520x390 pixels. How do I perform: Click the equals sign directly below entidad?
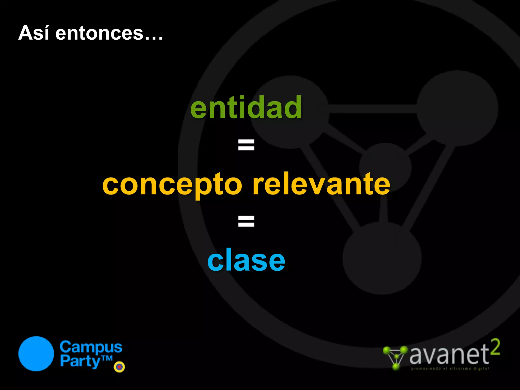pyautogui.click(x=246, y=145)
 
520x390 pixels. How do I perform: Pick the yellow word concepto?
pyautogui.click(x=172, y=185)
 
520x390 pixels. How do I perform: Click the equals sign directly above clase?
pyautogui.click(x=246, y=221)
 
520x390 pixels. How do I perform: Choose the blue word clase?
pyautogui.click(x=246, y=261)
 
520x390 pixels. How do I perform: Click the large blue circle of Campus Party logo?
pyautogui.click(x=36, y=354)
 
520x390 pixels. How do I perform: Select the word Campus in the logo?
pyautogui.click(x=91, y=347)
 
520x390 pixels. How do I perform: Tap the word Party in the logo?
pyautogui.click(x=80, y=361)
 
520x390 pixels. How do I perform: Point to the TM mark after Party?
pyautogui.click(x=107, y=358)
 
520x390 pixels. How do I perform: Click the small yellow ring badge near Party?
pyautogui.click(x=119, y=367)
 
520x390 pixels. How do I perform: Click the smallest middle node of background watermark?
pyautogui.click(x=385, y=168)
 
